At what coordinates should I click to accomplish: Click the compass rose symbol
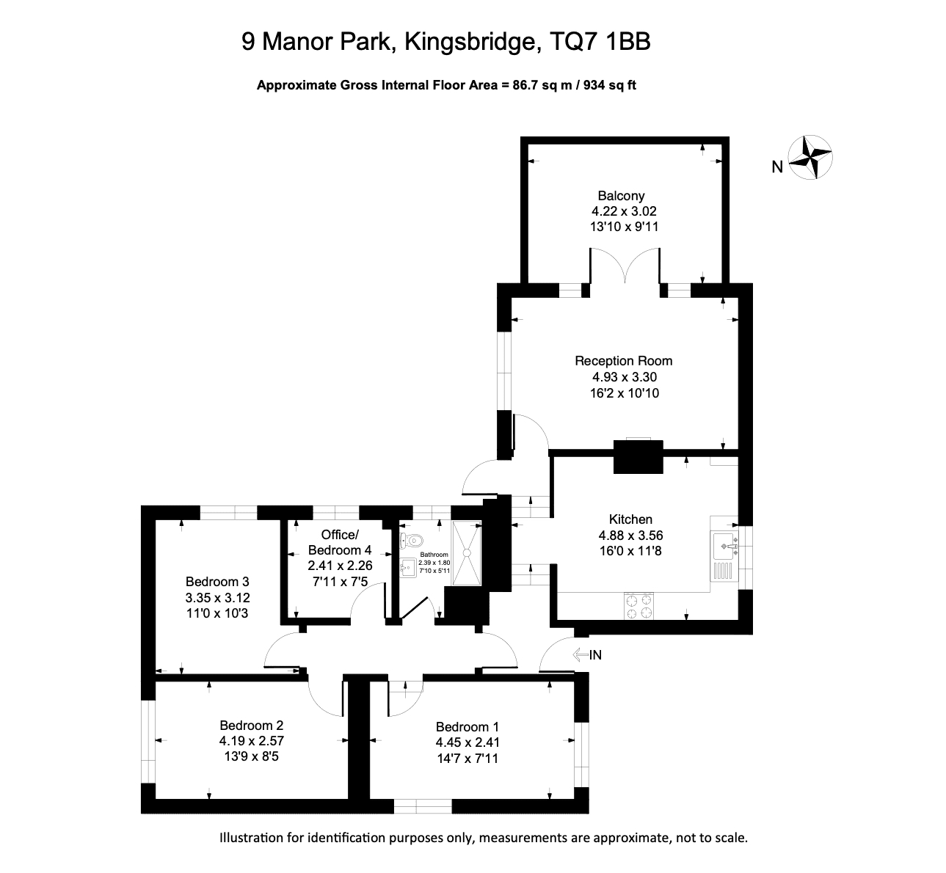pyautogui.click(x=810, y=158)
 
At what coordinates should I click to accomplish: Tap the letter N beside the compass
pyautogui.click(x=777, y=167)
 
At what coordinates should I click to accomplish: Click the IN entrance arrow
pyautogui.click(x=581, y=654)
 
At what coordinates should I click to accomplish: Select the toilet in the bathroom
pyautogui.click(x=412, y=540)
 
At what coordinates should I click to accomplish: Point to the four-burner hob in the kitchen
pyautogui.click(x=638, y=606)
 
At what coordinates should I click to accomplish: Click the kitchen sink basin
pyautogui.click(x=724, y=546)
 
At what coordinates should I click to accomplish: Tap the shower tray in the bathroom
pyautogui.click(x=467, y=553)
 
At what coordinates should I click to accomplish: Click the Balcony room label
pyautogui.click(x=621, y=196)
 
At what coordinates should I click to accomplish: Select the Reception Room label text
pyautogui.click(x=624, y=361)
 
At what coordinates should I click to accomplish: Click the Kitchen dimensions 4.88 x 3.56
pyautogui.click(x=630, y=536)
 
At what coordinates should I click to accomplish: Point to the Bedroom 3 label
pyautogui.click(x=217, y=582)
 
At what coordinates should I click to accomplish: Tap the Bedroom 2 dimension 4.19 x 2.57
pyautogui.click(x=252, y=741)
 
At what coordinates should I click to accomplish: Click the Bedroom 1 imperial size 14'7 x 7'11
pyautogui.click(x=467, y=758)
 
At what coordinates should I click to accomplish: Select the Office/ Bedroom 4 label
pyautogui.click(x=340, y=542)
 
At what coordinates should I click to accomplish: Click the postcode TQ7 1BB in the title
pyautogui.click(x=600, y=41)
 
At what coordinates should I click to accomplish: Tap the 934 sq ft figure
pyautogui.click(x=609, y=85)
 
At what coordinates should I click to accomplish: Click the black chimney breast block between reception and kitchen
pyautogui.click(x=638, y=457)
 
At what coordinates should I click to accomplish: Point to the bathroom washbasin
pyautogui.click(x=408, y=568)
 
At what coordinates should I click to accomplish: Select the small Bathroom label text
pyautogui.click(x=434, y=555)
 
